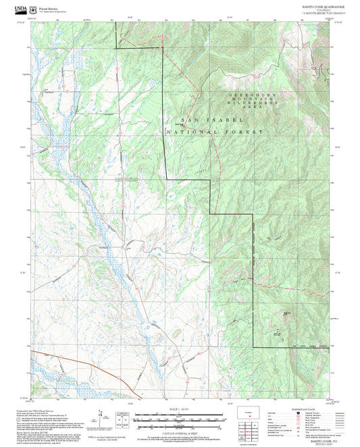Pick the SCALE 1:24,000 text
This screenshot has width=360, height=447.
pos(179,409)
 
